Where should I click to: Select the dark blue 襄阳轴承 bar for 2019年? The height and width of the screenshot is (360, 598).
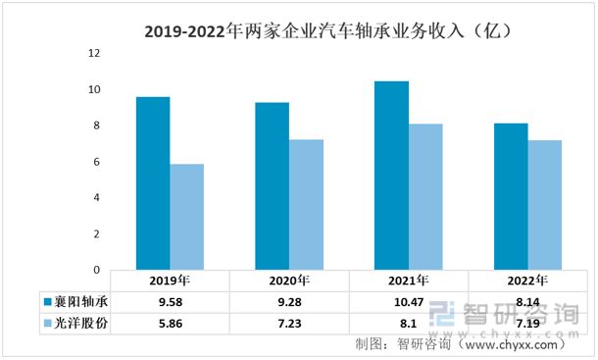pyautogui.click(x=153, y=182)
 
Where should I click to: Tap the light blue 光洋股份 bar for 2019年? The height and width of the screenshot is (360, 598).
pyautogui.click(x=186, y=217)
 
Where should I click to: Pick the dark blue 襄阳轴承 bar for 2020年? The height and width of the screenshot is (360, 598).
pyautogui.click(x=272, y=185)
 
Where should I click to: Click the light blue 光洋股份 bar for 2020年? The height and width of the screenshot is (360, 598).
pyautogui.click(x=306, y=204)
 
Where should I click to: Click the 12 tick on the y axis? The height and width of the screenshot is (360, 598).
pyautogui.click(x=95, y=54)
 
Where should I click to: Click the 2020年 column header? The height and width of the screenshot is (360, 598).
pyautogui.click(x=289, y=281)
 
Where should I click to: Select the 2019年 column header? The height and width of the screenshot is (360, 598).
pyautogui.click(x=170, y=281)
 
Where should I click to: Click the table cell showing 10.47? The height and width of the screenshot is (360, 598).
pyautogui.click(x=408, y=301)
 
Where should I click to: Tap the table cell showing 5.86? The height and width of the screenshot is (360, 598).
pyautogui.click(x=170, y=322)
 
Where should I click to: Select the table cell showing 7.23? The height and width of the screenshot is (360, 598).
pyautogui.click(x=289, y=322)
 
